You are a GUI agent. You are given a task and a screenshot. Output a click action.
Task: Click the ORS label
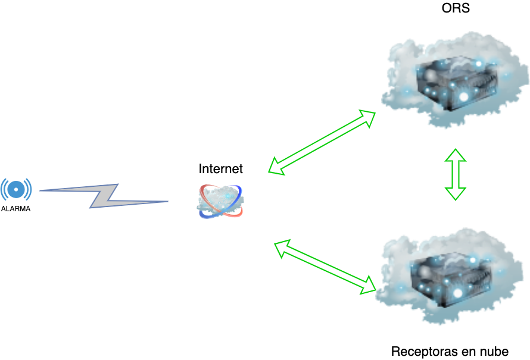click(x=455, y=8)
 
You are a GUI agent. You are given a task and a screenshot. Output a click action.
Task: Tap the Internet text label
click(x=220, y=169)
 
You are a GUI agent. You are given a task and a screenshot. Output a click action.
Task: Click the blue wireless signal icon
click(x=16, y=189)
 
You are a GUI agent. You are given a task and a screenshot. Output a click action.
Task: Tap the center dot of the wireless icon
click(x=16, y=189)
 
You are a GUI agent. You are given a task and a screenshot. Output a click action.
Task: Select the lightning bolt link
click(x=105, y=195)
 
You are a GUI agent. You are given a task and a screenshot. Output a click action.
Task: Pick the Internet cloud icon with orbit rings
click(x=220, y=200)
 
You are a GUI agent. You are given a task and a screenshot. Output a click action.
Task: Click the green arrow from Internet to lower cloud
click(x=325, y=266)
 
